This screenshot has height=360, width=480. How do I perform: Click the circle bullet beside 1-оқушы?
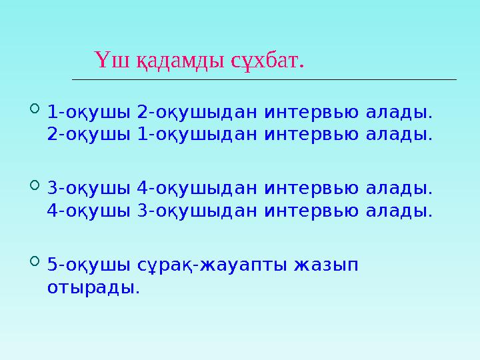click(x=36, y=107)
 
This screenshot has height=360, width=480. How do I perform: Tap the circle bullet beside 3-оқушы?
click(x=36, y=184)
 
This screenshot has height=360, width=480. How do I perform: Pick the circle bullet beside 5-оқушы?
click(x=36, y=261)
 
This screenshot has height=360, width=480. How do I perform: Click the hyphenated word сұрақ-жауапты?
click(x=205, y=265)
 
